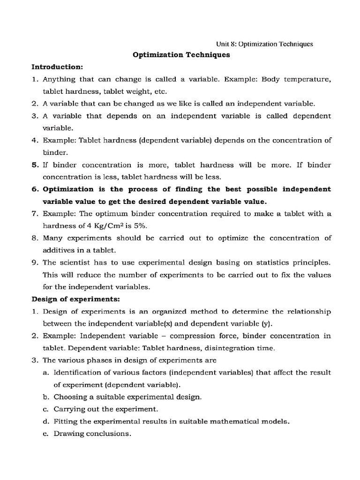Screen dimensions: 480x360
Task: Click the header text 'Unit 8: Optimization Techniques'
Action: click(264, 44)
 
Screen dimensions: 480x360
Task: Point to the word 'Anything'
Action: click(59, 79)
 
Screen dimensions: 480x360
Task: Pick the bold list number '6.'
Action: click(35, 189)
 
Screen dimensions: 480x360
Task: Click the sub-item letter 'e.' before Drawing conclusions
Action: click(46, 433)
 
